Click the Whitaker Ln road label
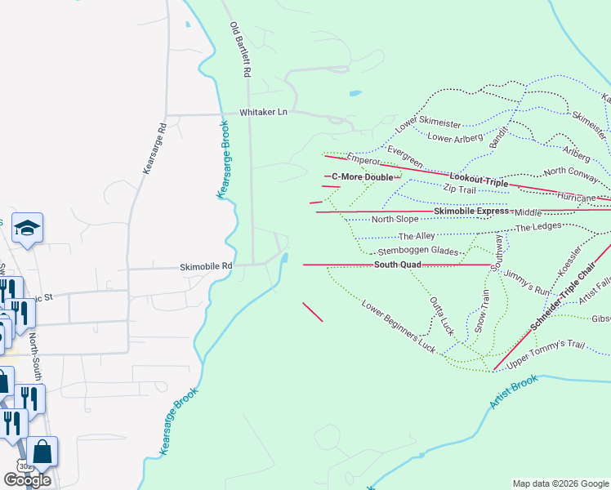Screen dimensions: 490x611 (264, 113)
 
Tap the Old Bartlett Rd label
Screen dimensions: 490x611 (239, 50)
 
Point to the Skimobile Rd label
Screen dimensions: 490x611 (207, 266)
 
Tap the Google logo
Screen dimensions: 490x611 (26, 479)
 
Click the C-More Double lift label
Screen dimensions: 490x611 (362, 176)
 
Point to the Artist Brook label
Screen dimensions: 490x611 (514, 392)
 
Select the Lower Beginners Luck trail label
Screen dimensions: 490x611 (399, 326)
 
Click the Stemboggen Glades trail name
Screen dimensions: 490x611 (417, 252)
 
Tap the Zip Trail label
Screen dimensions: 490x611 (459, 189)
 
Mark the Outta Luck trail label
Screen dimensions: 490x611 (441, 313)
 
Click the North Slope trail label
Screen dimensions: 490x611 (395, 219)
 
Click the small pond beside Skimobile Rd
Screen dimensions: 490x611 (283, 260)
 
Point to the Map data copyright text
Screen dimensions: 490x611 (560, 483)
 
